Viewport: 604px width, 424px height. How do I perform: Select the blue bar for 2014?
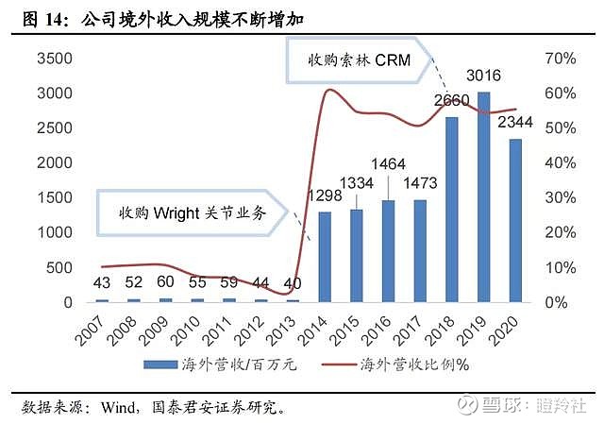(325, 257)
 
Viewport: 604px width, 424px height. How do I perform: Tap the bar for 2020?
(514, 221)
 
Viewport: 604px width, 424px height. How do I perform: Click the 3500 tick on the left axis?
(54, 59)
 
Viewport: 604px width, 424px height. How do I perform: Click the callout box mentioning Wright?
(193, 212)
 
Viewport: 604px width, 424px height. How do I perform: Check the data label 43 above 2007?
(102, 282)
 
